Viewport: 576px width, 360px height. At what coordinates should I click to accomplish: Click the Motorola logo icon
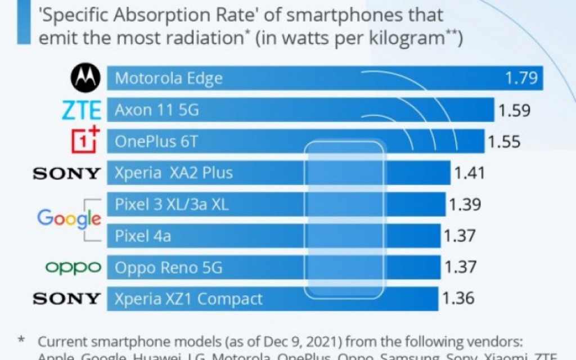click(85, 78)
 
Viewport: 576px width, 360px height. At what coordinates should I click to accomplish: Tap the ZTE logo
click(81, 110)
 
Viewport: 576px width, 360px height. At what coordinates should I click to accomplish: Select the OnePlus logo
click(85, 140)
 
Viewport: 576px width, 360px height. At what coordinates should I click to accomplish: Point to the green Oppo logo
click(73, 267)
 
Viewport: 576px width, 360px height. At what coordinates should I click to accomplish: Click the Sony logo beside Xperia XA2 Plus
click(67, 173)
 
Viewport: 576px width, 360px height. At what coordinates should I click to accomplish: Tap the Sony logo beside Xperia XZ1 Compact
click(67, 298)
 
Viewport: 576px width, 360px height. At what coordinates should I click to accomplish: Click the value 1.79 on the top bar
click(521, 78)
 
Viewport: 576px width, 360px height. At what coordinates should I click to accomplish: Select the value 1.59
click(514, 110)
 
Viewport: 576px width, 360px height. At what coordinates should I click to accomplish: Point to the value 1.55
click(504, 141)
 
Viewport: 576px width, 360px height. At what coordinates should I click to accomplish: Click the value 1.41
click(469, 173)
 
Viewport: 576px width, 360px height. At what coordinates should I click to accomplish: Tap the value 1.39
click(465, 205)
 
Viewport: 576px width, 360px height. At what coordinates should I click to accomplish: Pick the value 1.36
click(458, 298)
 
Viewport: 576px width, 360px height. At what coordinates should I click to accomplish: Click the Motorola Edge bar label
click(169, 79)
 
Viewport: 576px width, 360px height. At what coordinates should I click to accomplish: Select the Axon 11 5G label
click(157, 110)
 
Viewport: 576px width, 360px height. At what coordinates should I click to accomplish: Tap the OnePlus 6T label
click(156, 141)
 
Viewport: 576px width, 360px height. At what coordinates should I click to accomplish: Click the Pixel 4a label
click(143, 236)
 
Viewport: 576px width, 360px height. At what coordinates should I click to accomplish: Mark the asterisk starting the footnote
click(22, 340)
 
